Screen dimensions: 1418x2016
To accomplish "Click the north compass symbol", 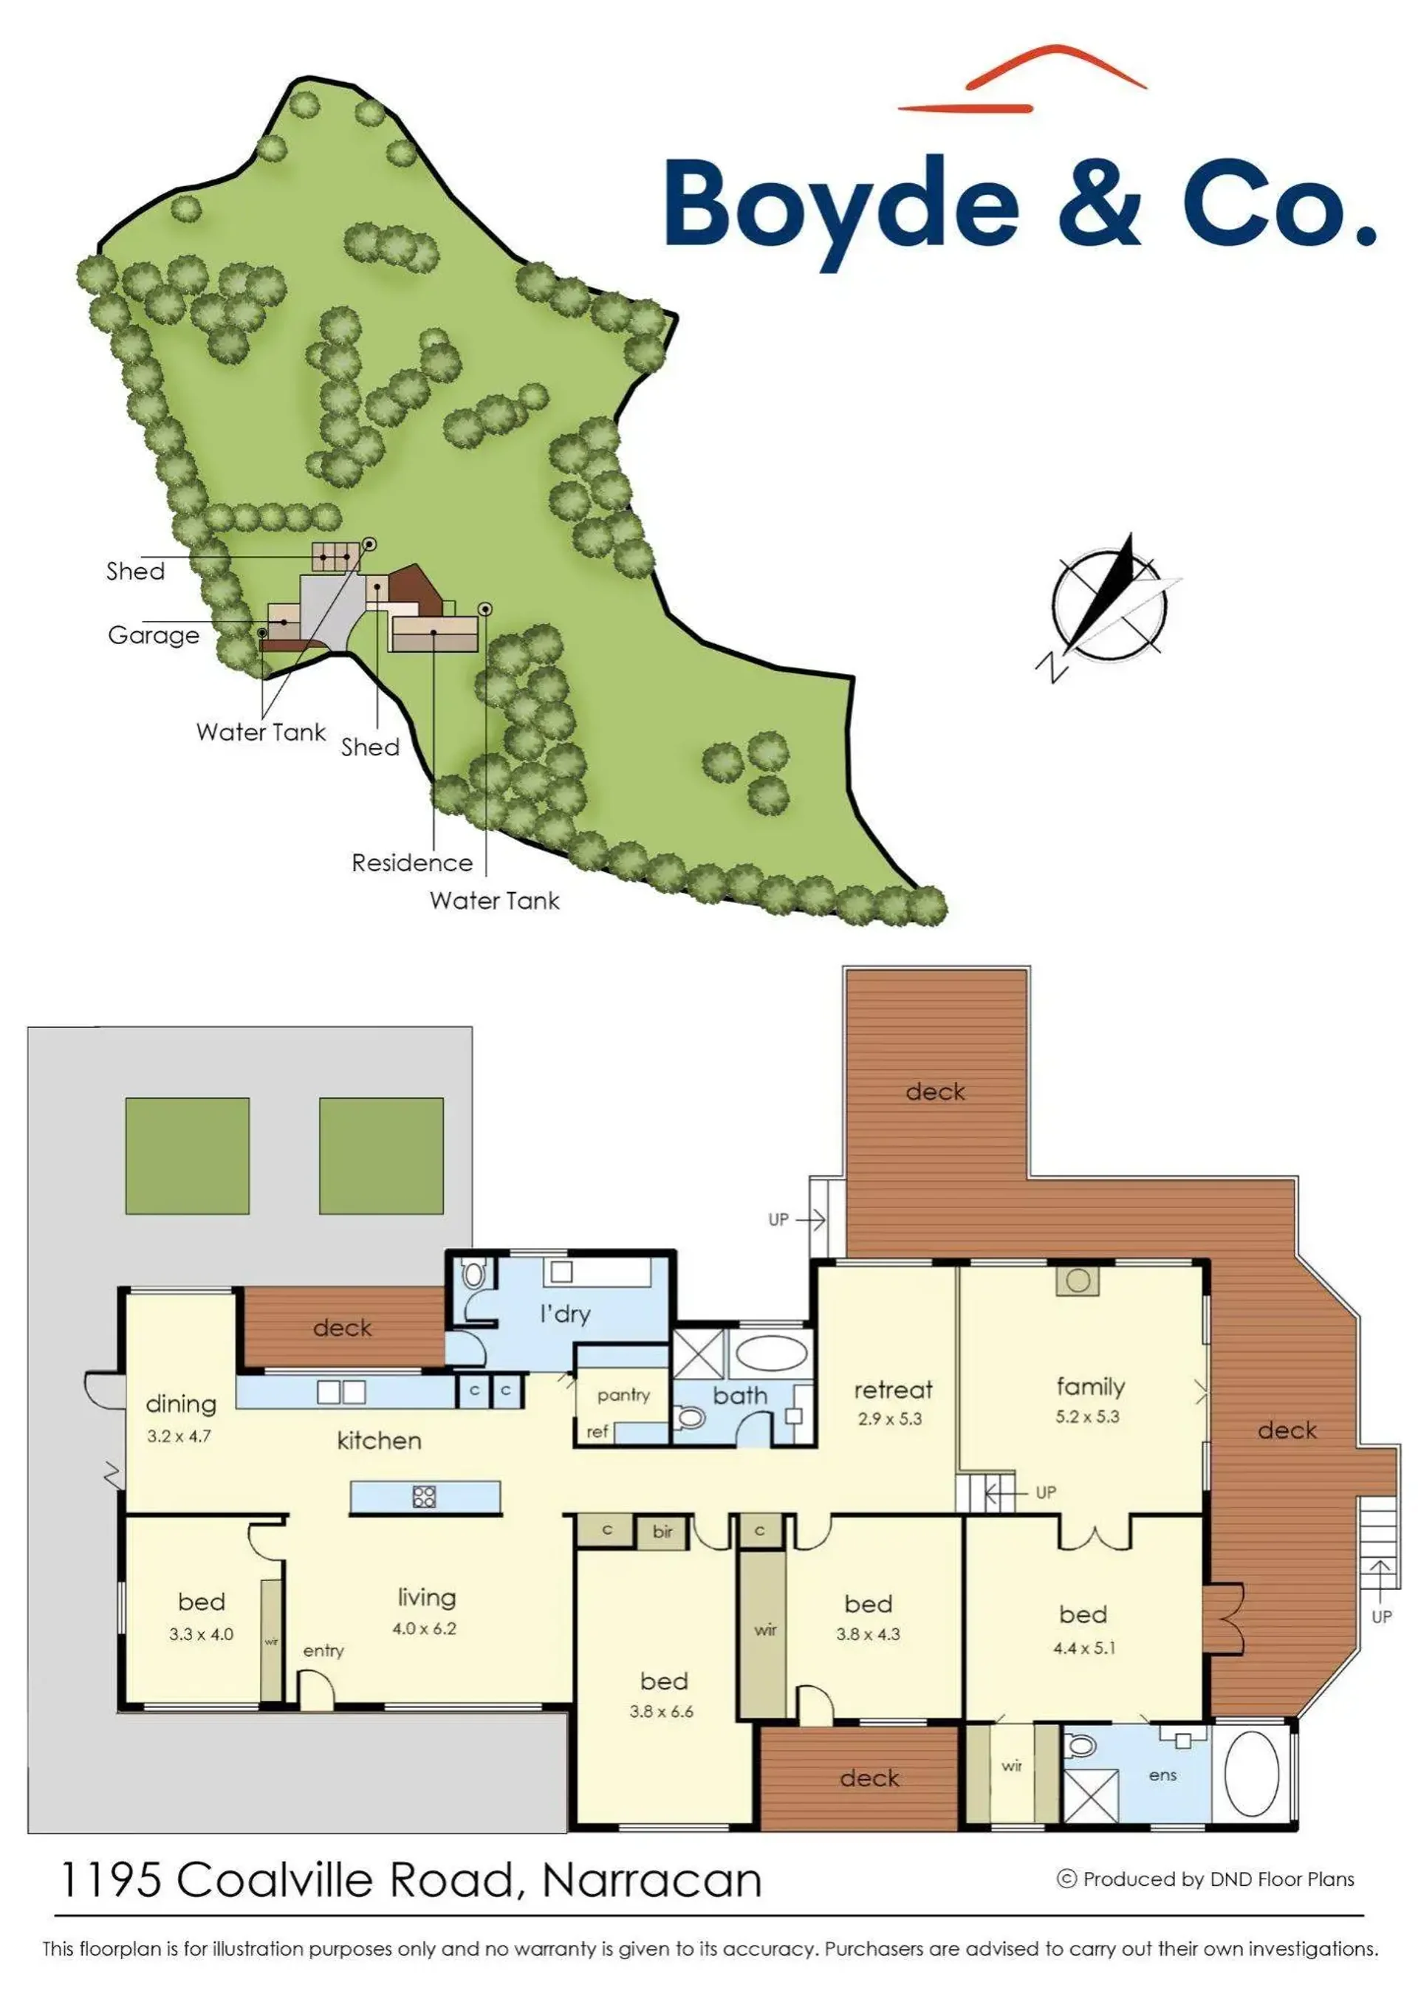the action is point(1109,606).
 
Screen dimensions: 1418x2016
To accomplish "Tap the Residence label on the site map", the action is point(412,863).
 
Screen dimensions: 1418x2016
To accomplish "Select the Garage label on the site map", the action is point(154,636).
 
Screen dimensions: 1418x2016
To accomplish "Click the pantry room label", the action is point(623,1395).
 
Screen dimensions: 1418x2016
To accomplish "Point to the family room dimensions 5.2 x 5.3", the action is point(1088,1416).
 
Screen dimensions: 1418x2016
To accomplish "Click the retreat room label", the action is point(893,1390).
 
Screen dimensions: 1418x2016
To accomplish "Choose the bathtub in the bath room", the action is point(772,1353).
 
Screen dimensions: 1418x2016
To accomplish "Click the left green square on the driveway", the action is point(187,1156).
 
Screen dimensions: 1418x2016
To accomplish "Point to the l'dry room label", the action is point(564,1314).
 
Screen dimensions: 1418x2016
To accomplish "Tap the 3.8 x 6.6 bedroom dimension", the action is point(661,1711).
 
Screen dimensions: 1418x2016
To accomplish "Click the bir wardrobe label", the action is point(663,1532).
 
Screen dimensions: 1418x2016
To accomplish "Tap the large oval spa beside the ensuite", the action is point(1251,1775).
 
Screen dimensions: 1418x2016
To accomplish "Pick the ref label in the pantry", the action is point(597,1432).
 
